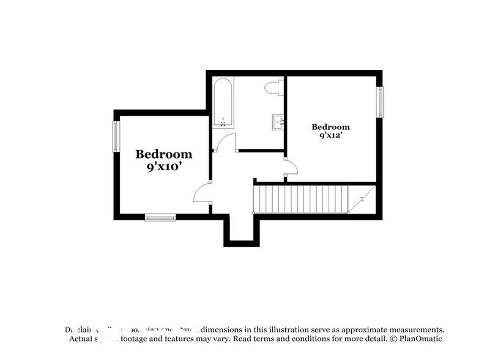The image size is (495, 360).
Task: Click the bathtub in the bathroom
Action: pos(223,102)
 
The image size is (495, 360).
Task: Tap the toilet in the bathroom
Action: pos(274,88)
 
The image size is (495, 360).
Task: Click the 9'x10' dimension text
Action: pos(163,167)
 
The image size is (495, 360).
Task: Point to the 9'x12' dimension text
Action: pos(330,136)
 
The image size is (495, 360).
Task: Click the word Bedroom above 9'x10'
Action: pos(163,154)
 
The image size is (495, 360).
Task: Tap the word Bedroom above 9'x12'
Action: pos(330,127)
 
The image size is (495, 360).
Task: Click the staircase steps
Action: pos(300,200)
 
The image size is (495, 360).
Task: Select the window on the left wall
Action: pos(115,136)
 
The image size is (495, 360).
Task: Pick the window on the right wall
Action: pos(380,102)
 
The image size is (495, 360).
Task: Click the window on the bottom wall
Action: pos(160,216)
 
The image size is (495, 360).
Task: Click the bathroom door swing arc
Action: pos(227,141)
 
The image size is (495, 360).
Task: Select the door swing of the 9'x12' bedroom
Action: pos(292,167)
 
